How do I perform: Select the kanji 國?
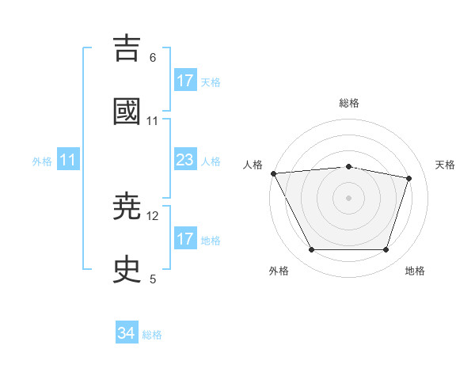click(x=127, y=111)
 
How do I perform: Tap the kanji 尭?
click(x=127, y=207)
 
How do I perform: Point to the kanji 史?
click(x=127, y=270)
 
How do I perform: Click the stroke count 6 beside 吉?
click(x=153, y=58)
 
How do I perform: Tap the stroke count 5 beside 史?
click(x=153, y=279)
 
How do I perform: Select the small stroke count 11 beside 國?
click(x=153, y=121)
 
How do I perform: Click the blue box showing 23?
click(x=185, y=161)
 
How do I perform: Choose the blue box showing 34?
click(x=127, y=334)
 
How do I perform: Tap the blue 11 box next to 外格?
click(x=68, y=161)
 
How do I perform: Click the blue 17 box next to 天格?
click(x=185, y=82)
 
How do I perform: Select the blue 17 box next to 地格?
click(x=185, y=239)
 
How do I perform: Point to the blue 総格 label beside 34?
click(x=153, y=335)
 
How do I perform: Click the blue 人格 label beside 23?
click(x=211, y=161)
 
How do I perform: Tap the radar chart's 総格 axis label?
click(x=348, y=103)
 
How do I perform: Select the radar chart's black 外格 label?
click(x=279, y=271)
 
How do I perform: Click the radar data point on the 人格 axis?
click(x=273, y=173)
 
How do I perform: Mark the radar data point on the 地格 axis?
click(x=386, y=250)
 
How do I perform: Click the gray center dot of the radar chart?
click(x=348, y=197)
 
